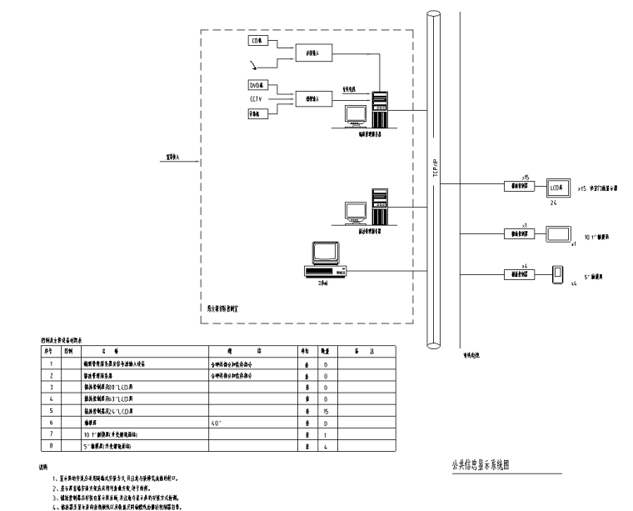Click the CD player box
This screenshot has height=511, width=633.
pos(257,40)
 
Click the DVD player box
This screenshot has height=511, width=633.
pos(257,85)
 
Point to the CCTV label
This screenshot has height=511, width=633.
pos(256,98)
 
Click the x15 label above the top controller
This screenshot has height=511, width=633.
pos(526,178)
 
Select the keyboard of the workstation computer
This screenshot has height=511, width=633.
pos(329,271)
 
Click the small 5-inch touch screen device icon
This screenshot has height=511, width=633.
pos(558,273)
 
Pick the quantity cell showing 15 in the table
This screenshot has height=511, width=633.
pos(325,411)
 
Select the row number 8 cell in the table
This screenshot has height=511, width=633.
pos(52,446)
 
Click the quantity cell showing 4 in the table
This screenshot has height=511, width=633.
pos(325,446)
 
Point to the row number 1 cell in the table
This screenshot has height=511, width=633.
pos(52,363)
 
